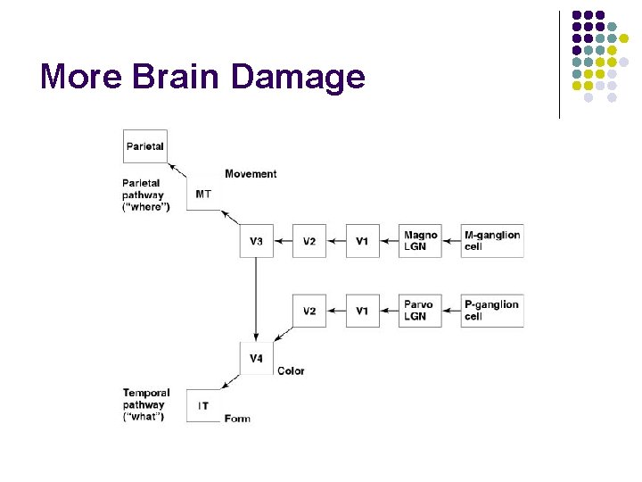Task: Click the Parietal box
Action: pos(144,145)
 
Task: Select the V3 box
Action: pos(256,241)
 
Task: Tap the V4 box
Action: pos(256,358)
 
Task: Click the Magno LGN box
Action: pos(420,241)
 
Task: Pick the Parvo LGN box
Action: pos(420,310)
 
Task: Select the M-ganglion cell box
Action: pos(491,241)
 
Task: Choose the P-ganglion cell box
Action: pos(491,310)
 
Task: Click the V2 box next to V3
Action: pos(309,241)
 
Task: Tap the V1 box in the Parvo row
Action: pos(362,310)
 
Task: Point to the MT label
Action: pos(203,195)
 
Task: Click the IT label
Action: pos(203,406)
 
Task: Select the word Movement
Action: pos(251,174)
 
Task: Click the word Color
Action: pos(291,370)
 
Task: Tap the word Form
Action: pos(237,419)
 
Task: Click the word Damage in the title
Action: pos(299,77)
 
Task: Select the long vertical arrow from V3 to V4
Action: pos(256,299)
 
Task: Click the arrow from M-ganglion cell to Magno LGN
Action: pos(451,241)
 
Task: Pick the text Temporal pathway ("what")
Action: pos(147,405)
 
